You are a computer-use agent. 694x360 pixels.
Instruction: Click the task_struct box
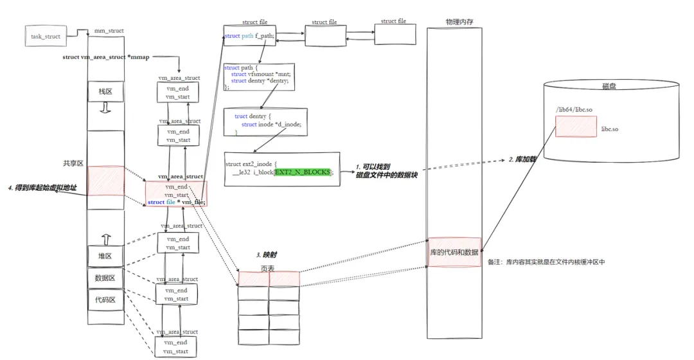[x=46, y=36]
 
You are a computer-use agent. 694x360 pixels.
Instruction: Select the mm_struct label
[x=109, y=30]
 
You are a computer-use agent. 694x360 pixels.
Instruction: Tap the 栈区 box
[x=105, y=92]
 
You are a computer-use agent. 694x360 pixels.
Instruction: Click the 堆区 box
[x=105, y=256]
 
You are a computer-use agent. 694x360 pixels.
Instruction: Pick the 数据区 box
[x=105, y=278]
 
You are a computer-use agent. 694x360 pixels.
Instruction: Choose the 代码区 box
[x=105, y=300]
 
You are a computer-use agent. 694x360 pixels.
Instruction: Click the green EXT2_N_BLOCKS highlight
[x=303, y=172]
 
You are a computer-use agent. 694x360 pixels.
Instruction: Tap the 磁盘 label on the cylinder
[x=610, y=85]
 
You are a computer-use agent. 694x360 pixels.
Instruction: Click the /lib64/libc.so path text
[x=574, y=111]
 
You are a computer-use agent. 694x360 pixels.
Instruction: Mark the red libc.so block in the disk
[x=576, y=127]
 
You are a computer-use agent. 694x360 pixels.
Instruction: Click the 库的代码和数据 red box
[x=454, y=252]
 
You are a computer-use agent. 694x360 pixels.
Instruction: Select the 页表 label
[x=268, y=267]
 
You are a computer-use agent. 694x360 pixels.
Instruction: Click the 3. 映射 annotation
[x=267, y=255]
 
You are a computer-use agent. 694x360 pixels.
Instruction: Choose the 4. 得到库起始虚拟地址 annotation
[x=46, y=188]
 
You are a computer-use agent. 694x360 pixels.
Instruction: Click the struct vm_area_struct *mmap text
[x=105, y=57]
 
